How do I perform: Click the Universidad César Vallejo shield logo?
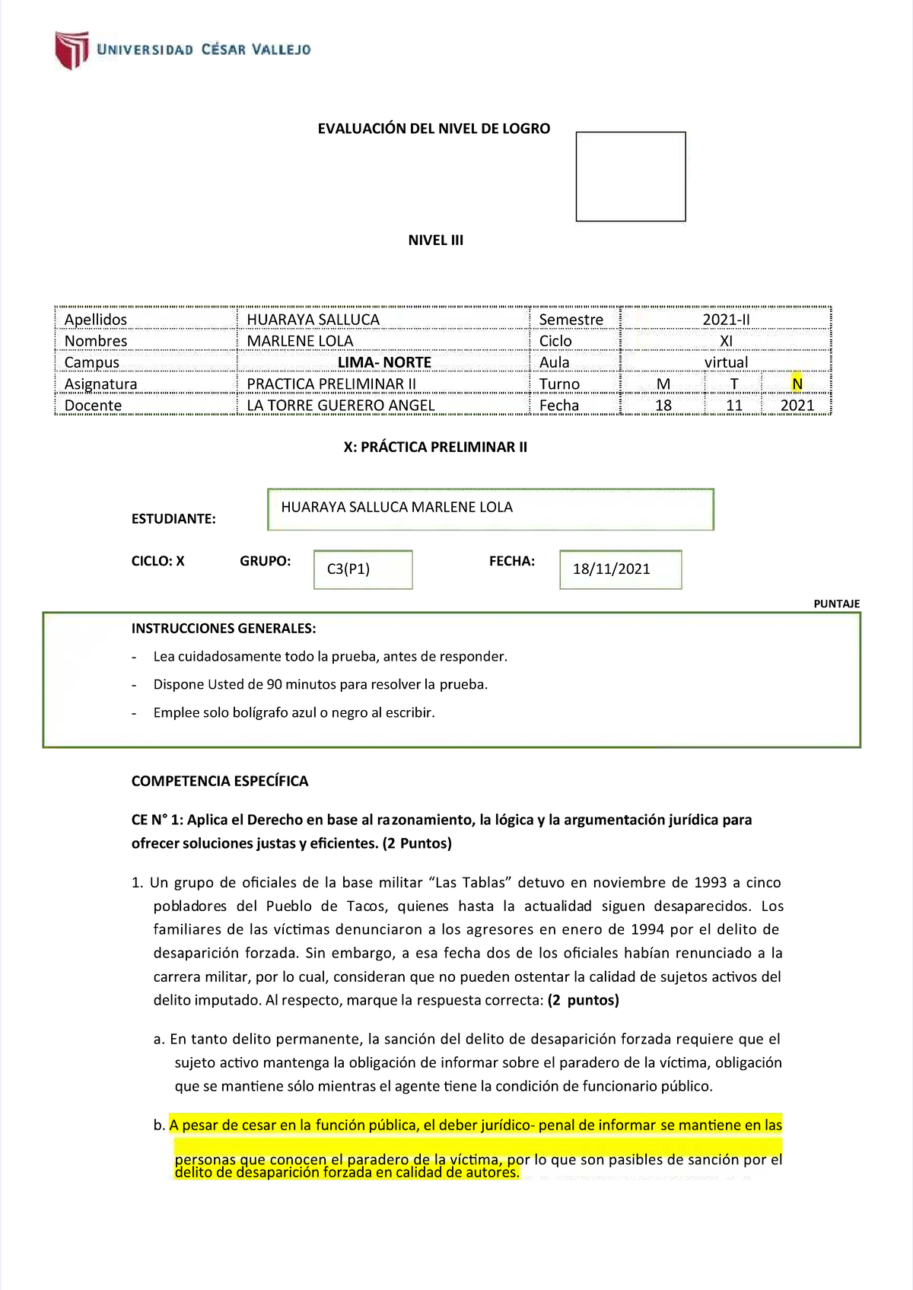pyautogui.click(x=72, y=50)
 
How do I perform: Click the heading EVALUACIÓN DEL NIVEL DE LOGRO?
pyautogui.click(x=434, y=129)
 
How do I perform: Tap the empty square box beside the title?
pyautogui.click(x=630, y=177)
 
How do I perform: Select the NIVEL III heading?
pyautogui.click(x=435, y=240)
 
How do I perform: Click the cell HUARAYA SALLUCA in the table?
pyautogui.click(x=313, y=320)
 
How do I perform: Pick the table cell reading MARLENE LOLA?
pyautogui.click(x=300, y=341)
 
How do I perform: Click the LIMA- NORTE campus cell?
pyautogui.click(x=384, y=362)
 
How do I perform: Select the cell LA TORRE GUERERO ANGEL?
pyautogui.click(x=341, y=406)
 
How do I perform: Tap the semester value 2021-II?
pyautogui.click(x=725, y=320)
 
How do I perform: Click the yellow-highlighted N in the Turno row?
pyautogui.click(x=797, y=384)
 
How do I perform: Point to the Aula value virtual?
pyautogui.click(x=726, y=362)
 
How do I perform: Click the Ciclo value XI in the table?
pyautogui.click(x=726, y=341)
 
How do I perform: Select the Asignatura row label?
pyautogui.click(x=100, y=384)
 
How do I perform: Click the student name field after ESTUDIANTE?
pyautogui.click(x=490, y=509)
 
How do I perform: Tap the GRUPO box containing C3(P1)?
pyautogui.click(x=363, y=569)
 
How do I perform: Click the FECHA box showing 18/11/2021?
pyautogui.click(x=620, y=569)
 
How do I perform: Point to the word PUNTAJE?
pyautogui.click(x=836, y=604)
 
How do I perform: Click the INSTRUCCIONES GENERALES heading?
pyautogui.click(x=223, y=629)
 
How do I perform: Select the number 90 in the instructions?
pyautogui.click(x=274, y=684)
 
